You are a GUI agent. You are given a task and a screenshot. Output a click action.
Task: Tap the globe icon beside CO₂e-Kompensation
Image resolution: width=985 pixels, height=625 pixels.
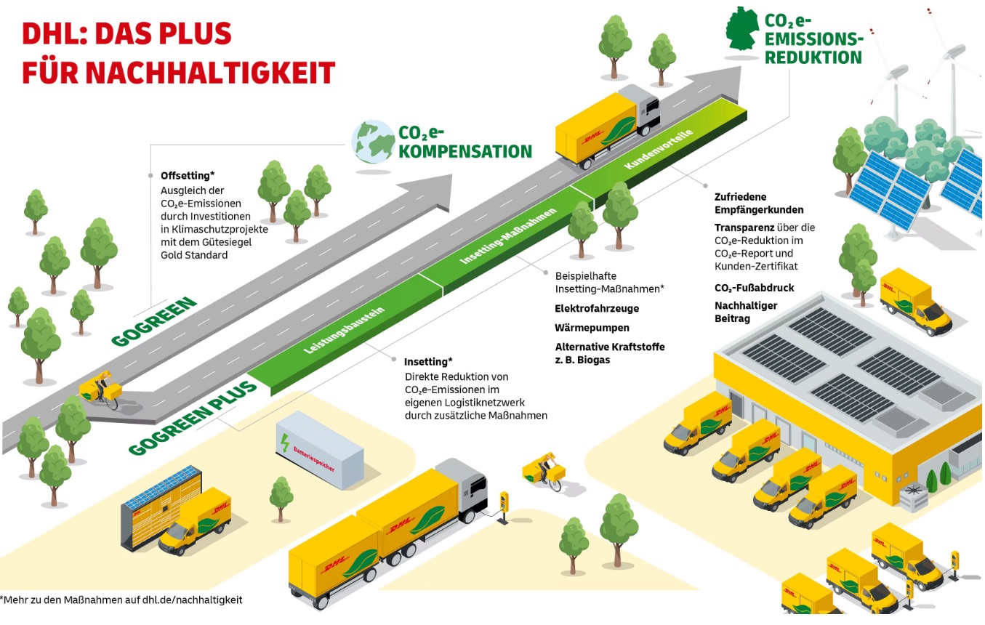pyautogui.click(x=372, y=141)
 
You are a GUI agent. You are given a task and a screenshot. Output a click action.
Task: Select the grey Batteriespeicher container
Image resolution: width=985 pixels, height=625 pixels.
pyautogui.click(x=319, y=450)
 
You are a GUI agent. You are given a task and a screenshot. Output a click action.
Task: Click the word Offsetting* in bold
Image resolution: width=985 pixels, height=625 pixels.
pyautogui.click(x=187, y=175)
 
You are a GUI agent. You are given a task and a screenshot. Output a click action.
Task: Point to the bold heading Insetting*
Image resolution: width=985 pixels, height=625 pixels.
pyautogui.click(x=428, y=361)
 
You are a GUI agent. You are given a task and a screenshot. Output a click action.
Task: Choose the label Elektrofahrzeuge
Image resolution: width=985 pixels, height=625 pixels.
pyautogui.click(x=597, y=308)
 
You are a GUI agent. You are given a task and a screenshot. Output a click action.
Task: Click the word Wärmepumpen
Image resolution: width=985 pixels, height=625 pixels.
pyautogui.click(x=592, y=328)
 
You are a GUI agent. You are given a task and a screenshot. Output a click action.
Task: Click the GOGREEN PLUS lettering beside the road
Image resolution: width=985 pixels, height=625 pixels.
pyautogui.click(x=193, y=418)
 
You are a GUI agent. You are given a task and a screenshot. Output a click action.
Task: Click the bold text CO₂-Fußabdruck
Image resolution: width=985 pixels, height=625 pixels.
pyautogui.click(x=754, y=288)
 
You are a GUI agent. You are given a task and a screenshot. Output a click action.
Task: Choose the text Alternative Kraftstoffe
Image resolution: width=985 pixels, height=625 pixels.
pyautogui.click(x=610, y=347)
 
